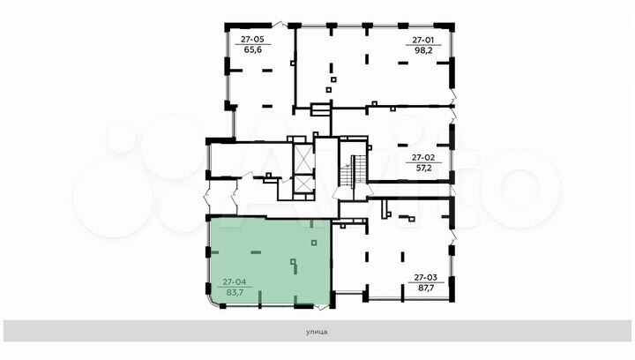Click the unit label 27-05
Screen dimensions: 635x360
click(x=252, y=40)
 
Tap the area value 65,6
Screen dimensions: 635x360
click(x=253, y=49)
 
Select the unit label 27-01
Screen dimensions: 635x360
click(x=422, y=40)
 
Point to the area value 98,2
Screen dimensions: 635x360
click(x=423, y=50)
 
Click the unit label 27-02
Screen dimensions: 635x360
click(x=423, y=158)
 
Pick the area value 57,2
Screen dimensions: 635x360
click(x=423, y=168)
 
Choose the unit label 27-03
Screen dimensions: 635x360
click(x=425, y=277)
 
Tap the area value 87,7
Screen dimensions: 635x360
click(x=425, y=288)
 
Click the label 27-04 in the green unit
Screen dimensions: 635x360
click(x=234, y=281)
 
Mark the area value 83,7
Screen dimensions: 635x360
click(x=235, y=292)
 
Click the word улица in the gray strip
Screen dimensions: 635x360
click(x=317, y=332)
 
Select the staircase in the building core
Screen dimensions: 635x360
click(x=353, y=171)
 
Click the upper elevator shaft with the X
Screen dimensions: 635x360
click(x=303, y=158)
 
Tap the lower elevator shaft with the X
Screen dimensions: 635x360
click(x=303, y=184)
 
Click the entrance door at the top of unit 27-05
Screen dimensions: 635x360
click(x=279, y=25)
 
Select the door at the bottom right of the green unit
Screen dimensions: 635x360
click(x=322, y=307)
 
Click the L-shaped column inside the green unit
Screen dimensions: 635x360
click(x=295, y=266)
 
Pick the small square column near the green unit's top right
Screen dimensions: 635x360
click(x=314, y=243)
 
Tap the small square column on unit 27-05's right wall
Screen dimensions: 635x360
click(x=293, y=64)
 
